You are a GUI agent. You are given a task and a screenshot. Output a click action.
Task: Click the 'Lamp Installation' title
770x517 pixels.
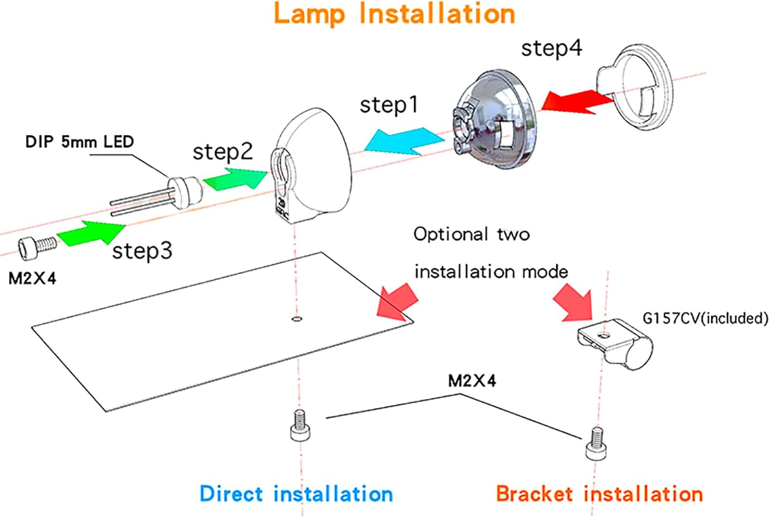pyautogui.click(x=394, y=14)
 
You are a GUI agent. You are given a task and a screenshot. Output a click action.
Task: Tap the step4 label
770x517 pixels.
pyautogui.click(x=551, y=49)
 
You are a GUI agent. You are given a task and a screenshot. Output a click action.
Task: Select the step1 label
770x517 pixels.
pyautogui.click(x=389, y=105)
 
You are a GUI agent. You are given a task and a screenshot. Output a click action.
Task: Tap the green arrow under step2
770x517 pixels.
pyautogui.click(x=235, y=178)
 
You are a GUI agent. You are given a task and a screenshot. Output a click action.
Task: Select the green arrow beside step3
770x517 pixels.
pyautogui.click(x=91, y=233)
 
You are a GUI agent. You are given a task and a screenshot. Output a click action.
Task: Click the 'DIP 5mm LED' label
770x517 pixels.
pyautogui.click(x=80, y=142)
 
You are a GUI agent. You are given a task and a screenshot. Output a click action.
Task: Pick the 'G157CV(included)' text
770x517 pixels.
pyautogui.click(x=705, y=319)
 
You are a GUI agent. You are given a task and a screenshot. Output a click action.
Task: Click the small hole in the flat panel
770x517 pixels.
pyautogui.click(x=296, y=319)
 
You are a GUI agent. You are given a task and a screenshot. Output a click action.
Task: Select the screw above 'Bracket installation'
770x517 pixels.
pyautogui.click(x=594, y=443)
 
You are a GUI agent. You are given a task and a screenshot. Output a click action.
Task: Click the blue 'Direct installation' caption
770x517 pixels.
pyautogui.click(x=296, y=494)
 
